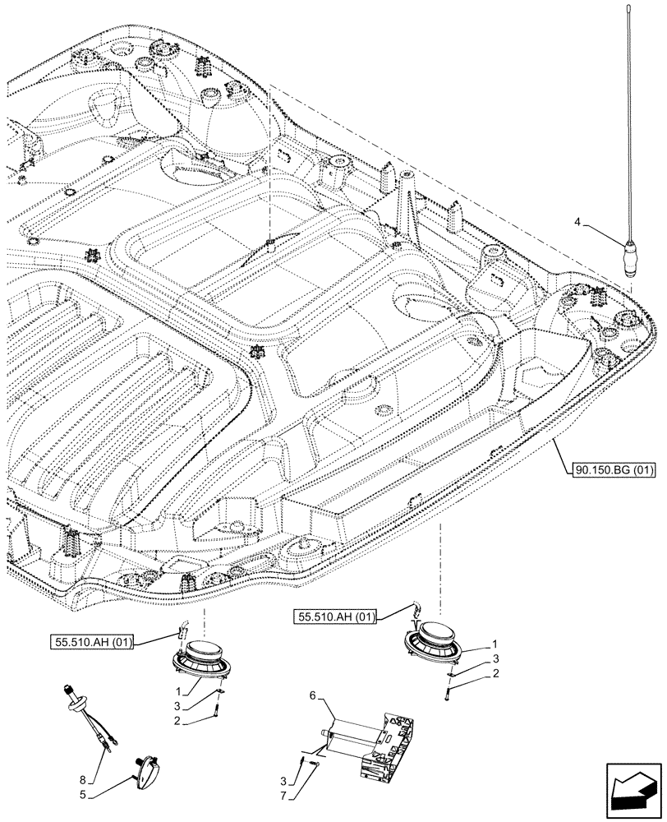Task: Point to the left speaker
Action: [200, 658]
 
